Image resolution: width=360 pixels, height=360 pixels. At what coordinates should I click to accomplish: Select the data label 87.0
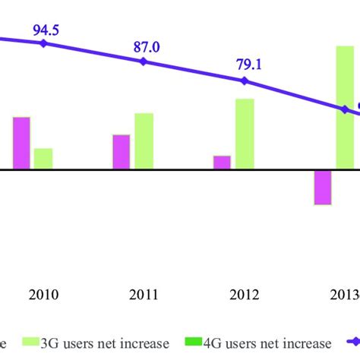point(147,47)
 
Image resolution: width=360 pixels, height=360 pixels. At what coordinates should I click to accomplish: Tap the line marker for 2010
point(43,44)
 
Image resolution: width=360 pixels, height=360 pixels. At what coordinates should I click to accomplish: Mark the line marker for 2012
point(244,81)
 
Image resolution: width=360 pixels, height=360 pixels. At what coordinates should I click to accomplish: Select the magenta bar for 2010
point(21,143)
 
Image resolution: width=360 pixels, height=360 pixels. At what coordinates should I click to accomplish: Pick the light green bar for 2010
point(43,159)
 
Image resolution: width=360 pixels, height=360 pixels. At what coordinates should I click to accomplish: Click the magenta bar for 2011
point(122,152)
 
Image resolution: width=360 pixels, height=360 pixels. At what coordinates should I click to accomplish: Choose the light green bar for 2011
point(144,141)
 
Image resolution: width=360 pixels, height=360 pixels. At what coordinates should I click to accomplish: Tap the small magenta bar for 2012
point(222,163)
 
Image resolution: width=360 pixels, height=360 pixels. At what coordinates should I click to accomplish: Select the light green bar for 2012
point(245,134)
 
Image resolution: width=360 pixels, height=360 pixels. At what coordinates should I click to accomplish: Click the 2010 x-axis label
point(43,295)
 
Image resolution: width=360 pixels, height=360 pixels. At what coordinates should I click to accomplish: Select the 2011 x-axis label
point(144,295)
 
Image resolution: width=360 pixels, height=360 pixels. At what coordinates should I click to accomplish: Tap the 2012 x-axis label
point(244,295)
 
